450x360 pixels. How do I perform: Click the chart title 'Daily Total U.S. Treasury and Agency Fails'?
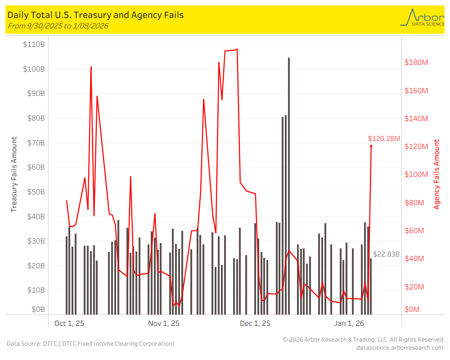click(95, 15)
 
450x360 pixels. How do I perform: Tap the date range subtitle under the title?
click(58, 26)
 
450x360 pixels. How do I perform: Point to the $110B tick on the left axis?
click(34, 44)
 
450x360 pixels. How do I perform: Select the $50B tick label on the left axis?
click(34, 192)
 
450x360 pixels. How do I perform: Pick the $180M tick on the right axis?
click(416, 62)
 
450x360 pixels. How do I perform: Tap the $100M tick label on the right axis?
click(416, 175)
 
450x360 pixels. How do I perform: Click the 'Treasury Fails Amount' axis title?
click(14, 175)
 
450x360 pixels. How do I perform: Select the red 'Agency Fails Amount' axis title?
click(436, 175)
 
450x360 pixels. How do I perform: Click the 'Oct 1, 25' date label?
click(69, 323)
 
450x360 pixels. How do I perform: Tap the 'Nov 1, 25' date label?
click(164, 323)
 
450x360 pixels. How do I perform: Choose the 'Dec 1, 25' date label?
click(255, 323)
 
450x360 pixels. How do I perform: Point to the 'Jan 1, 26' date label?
click(349, 323)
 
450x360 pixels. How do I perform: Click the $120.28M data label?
click(384, 139)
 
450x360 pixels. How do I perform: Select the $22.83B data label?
click(387, 254)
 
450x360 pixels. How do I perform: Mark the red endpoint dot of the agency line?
click(371, 146)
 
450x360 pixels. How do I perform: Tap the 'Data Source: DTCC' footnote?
click(90, 344)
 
